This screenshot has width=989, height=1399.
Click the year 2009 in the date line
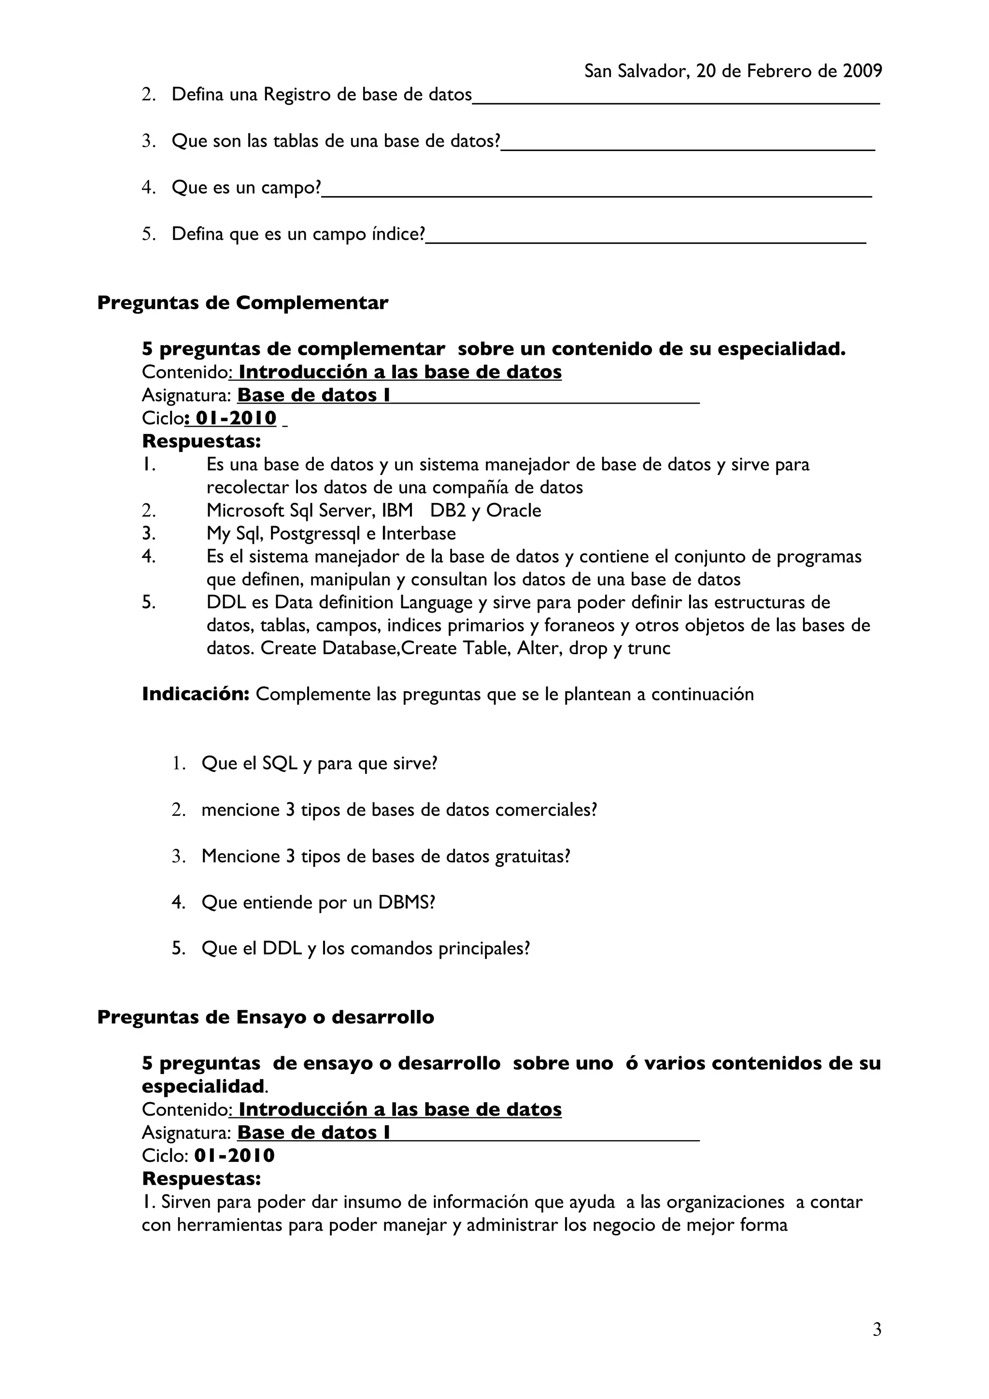[862, 71]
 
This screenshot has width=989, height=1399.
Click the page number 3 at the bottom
[877, 1329]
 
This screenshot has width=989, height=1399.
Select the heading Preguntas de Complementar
[242, 302]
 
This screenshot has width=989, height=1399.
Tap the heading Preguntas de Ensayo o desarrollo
[266, 1017]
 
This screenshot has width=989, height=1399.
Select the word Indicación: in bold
[196, 694]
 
